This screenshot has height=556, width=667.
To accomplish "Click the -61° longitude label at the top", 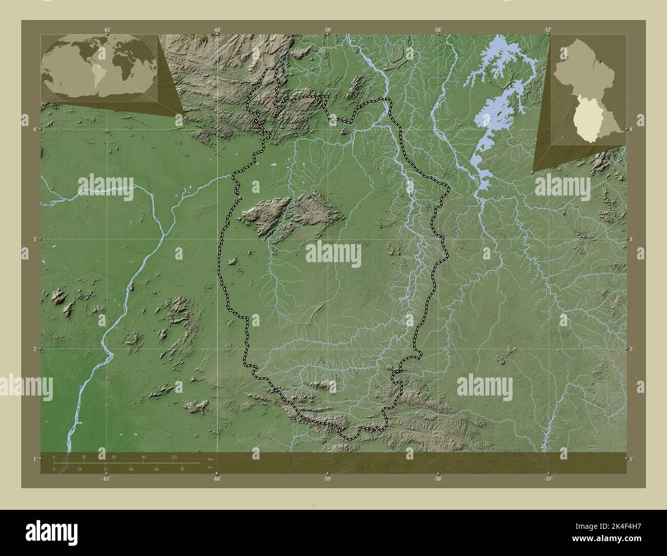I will [106, 30].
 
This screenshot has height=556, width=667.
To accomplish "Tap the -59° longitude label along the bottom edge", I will [327, 479].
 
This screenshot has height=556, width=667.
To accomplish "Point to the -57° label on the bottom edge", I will [548, 479].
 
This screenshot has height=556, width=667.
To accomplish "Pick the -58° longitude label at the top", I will [438, 30].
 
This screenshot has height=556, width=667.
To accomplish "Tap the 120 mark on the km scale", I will [173, 456].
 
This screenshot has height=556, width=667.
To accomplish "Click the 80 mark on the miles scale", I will [182, 469].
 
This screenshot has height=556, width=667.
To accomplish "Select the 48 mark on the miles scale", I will [131, 469].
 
